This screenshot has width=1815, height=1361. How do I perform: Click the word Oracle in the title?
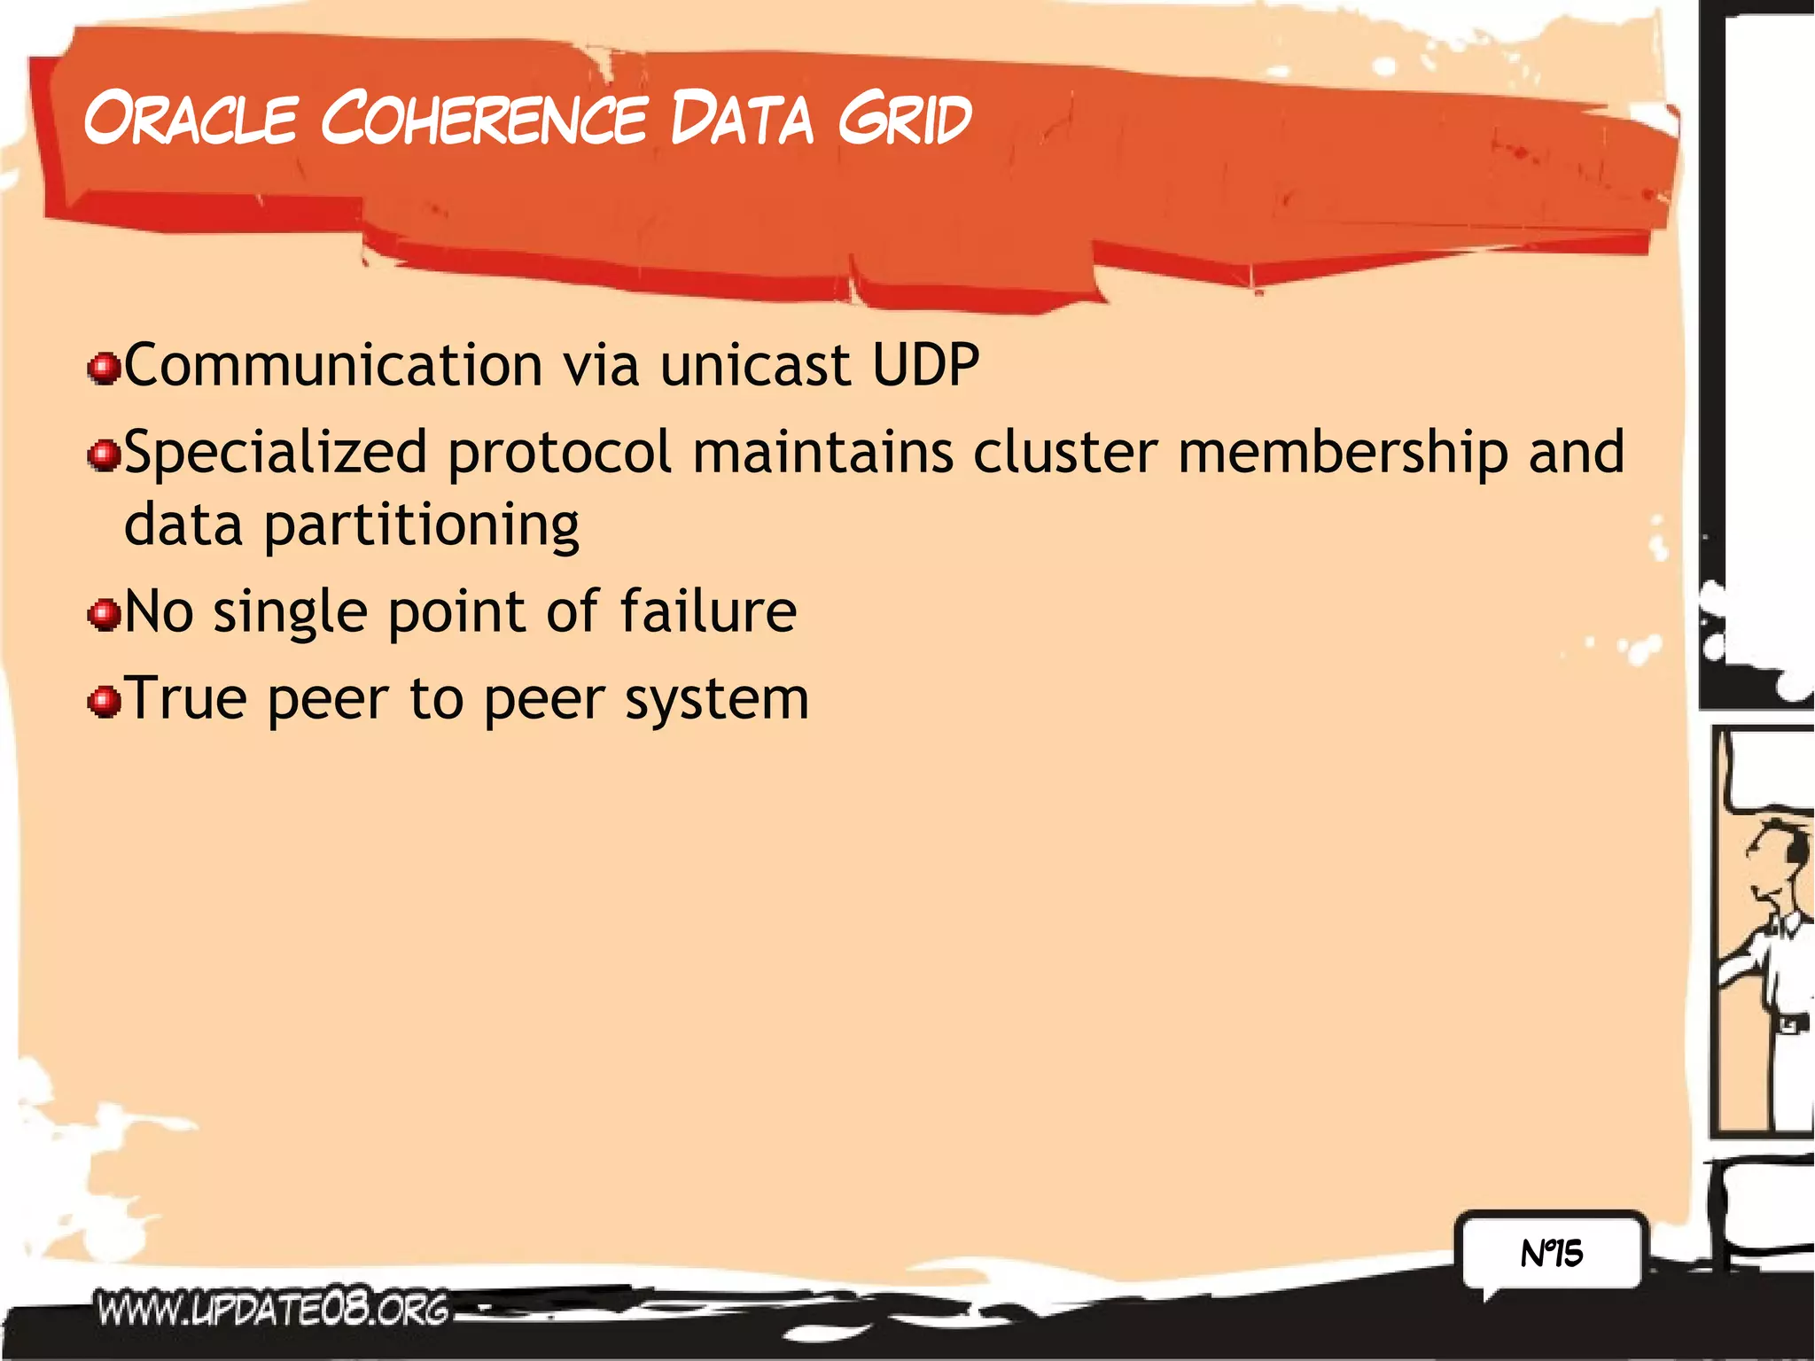[191, 119]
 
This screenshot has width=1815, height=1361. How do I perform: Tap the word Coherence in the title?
[484, 119]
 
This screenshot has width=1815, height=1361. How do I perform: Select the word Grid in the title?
[904, 119]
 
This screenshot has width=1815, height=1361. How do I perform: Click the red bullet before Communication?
[105, 369]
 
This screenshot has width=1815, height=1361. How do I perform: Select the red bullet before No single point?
[105, 614]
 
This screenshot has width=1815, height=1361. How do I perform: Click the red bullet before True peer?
[105, 702]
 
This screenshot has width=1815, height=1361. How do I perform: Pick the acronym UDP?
[926, 365]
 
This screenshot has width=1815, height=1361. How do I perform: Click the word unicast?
[755, 365]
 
